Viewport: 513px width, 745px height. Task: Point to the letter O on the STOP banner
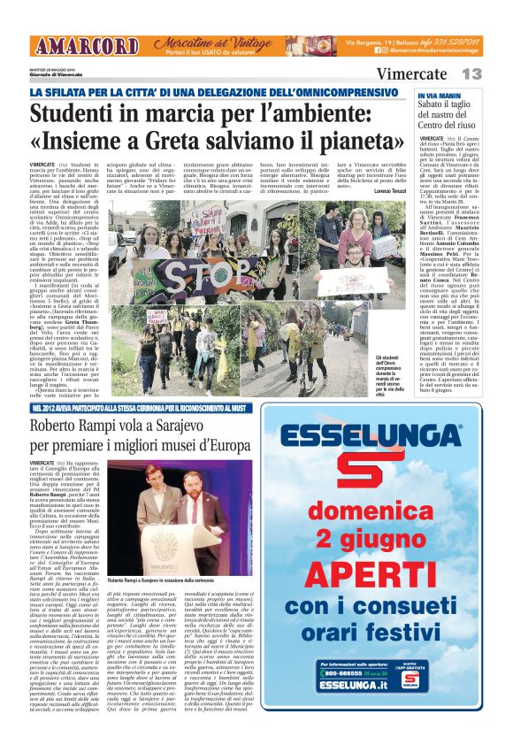click(211, 270)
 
